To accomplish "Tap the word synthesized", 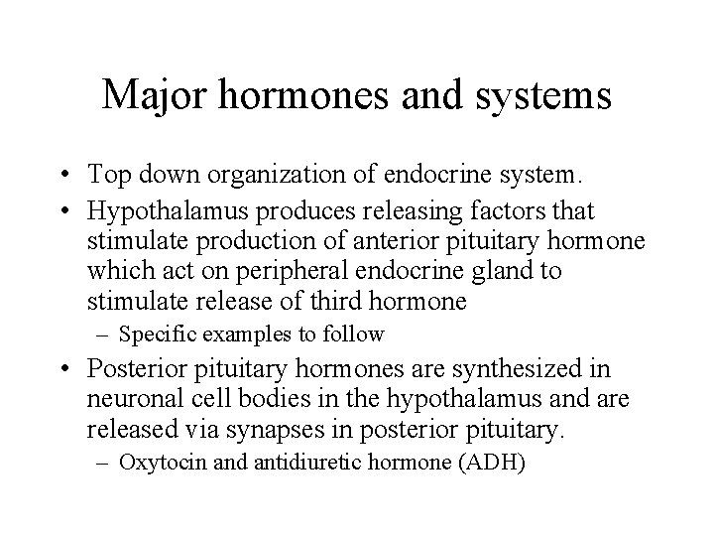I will click(x=535, y=369).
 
